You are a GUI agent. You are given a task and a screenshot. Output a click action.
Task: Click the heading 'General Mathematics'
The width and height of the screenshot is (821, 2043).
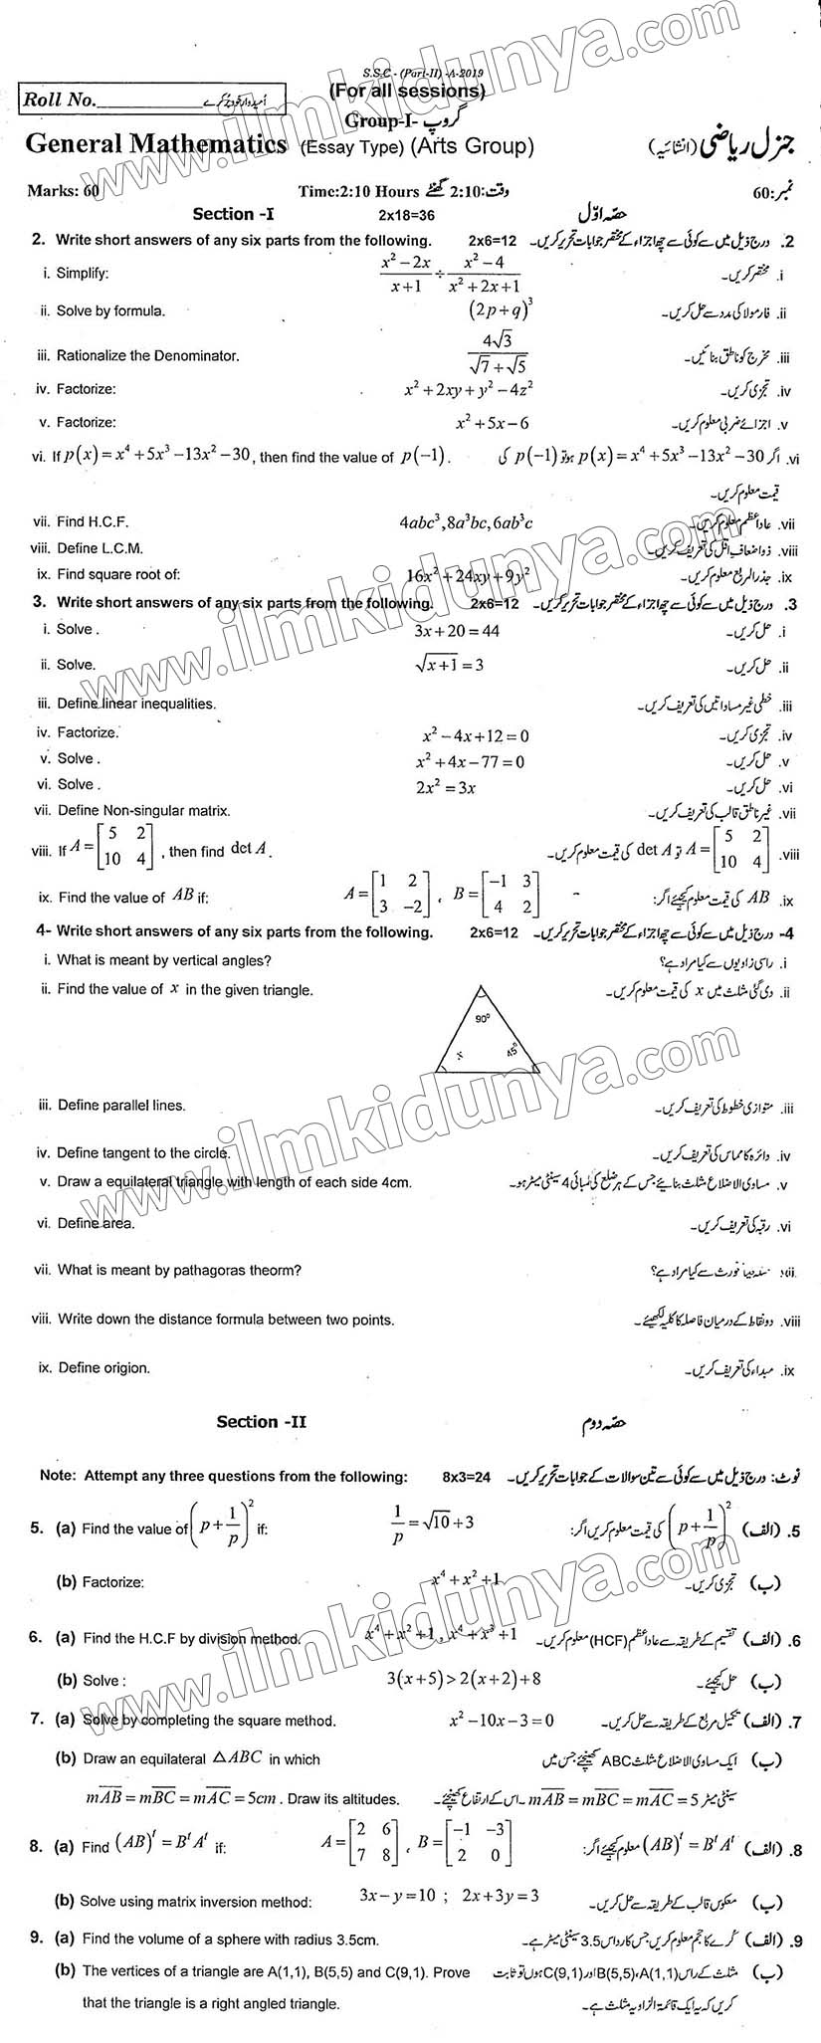coord(156,145)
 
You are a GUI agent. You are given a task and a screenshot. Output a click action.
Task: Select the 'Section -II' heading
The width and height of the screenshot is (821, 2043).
coord(262,1422)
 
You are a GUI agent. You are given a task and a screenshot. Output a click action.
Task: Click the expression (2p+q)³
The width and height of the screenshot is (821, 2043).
coord(502,309)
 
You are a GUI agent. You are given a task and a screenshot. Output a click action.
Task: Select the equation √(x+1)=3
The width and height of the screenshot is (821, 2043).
coord(451,664)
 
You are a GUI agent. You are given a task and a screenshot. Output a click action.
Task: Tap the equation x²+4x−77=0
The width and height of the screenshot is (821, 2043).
coord(471,761)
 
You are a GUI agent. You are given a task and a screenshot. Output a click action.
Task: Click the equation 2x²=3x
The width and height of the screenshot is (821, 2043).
coord(446,786)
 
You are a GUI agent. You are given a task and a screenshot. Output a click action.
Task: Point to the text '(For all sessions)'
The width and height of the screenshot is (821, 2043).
coord(407,92)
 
